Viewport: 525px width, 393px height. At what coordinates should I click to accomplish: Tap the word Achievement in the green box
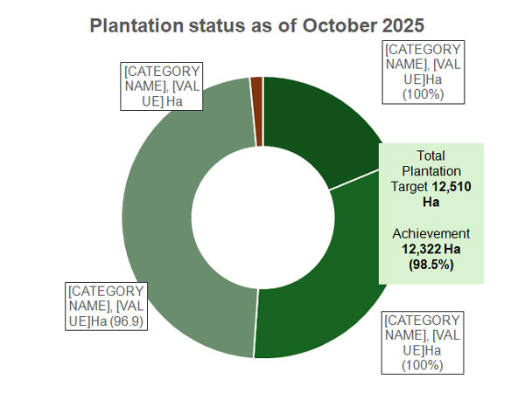430,234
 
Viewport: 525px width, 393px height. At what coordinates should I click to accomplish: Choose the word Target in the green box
409,187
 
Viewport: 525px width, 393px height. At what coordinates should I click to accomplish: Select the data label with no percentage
163,86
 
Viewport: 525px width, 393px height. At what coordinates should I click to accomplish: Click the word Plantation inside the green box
430,171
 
